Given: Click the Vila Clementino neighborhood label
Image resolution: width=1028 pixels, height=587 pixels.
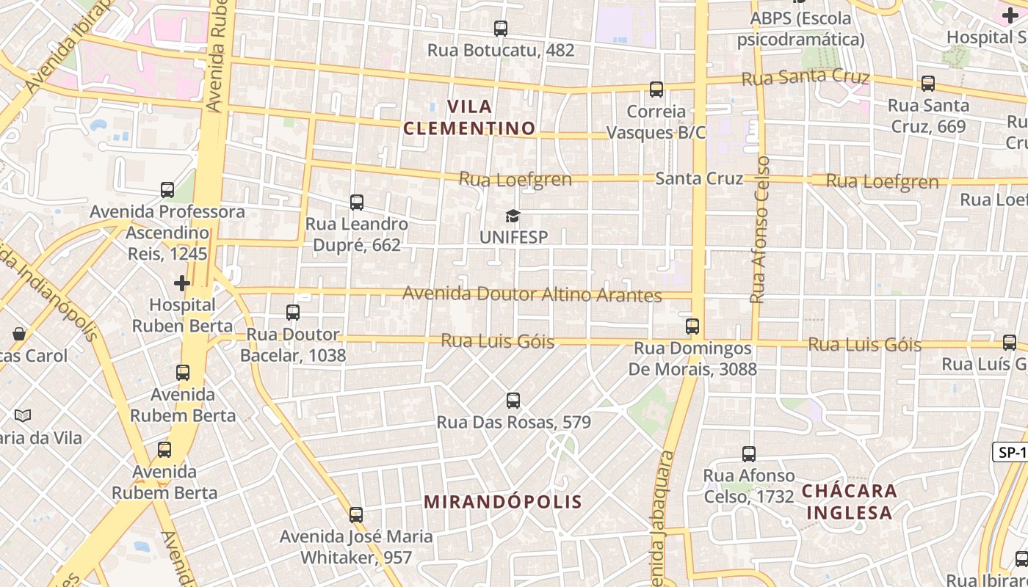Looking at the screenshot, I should [x=470, y=117].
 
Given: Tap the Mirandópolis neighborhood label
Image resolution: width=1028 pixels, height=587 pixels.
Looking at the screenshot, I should [x=504, y=502].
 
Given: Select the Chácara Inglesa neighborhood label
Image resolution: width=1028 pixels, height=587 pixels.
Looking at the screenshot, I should [x=850, y=501].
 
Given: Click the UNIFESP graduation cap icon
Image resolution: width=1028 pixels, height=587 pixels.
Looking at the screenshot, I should [x=513, y=216].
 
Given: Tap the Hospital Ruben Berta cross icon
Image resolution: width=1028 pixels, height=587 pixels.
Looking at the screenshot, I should [x=182, y=282].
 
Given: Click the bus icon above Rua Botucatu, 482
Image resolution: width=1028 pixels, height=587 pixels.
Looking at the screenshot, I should [x=501, y=29].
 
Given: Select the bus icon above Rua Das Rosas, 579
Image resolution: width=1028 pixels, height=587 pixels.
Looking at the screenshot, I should [x=513, y=401].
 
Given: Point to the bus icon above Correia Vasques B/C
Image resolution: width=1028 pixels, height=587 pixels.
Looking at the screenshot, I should [x=656, y=90].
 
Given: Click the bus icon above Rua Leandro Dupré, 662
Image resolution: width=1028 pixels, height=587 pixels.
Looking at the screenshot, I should [x=357, y=202].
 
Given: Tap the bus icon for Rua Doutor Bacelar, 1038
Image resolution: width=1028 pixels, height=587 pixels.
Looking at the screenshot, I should [x=293, y=313].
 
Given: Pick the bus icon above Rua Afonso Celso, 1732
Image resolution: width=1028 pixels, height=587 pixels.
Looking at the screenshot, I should [x=749, y=454].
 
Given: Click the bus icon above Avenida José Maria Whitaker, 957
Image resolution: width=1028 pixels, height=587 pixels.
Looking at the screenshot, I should [x=356, y=514].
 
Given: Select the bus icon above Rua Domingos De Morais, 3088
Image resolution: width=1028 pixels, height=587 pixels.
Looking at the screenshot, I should [x=692, y=326].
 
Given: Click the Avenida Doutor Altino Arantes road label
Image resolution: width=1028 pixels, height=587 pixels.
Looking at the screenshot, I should [x=532, y=295].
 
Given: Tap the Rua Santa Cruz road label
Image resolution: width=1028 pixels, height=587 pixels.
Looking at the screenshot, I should [x=806, y=77].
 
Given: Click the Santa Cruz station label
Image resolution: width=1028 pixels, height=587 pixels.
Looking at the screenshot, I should [x=699, y=178].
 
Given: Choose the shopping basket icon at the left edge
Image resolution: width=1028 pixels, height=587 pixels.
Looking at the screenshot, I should [x=19, y=334].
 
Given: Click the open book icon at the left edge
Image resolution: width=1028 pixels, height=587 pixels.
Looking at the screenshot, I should [x=23, y=415].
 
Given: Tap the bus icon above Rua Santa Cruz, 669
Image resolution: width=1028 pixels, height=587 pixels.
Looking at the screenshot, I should [x=928, y=84].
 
